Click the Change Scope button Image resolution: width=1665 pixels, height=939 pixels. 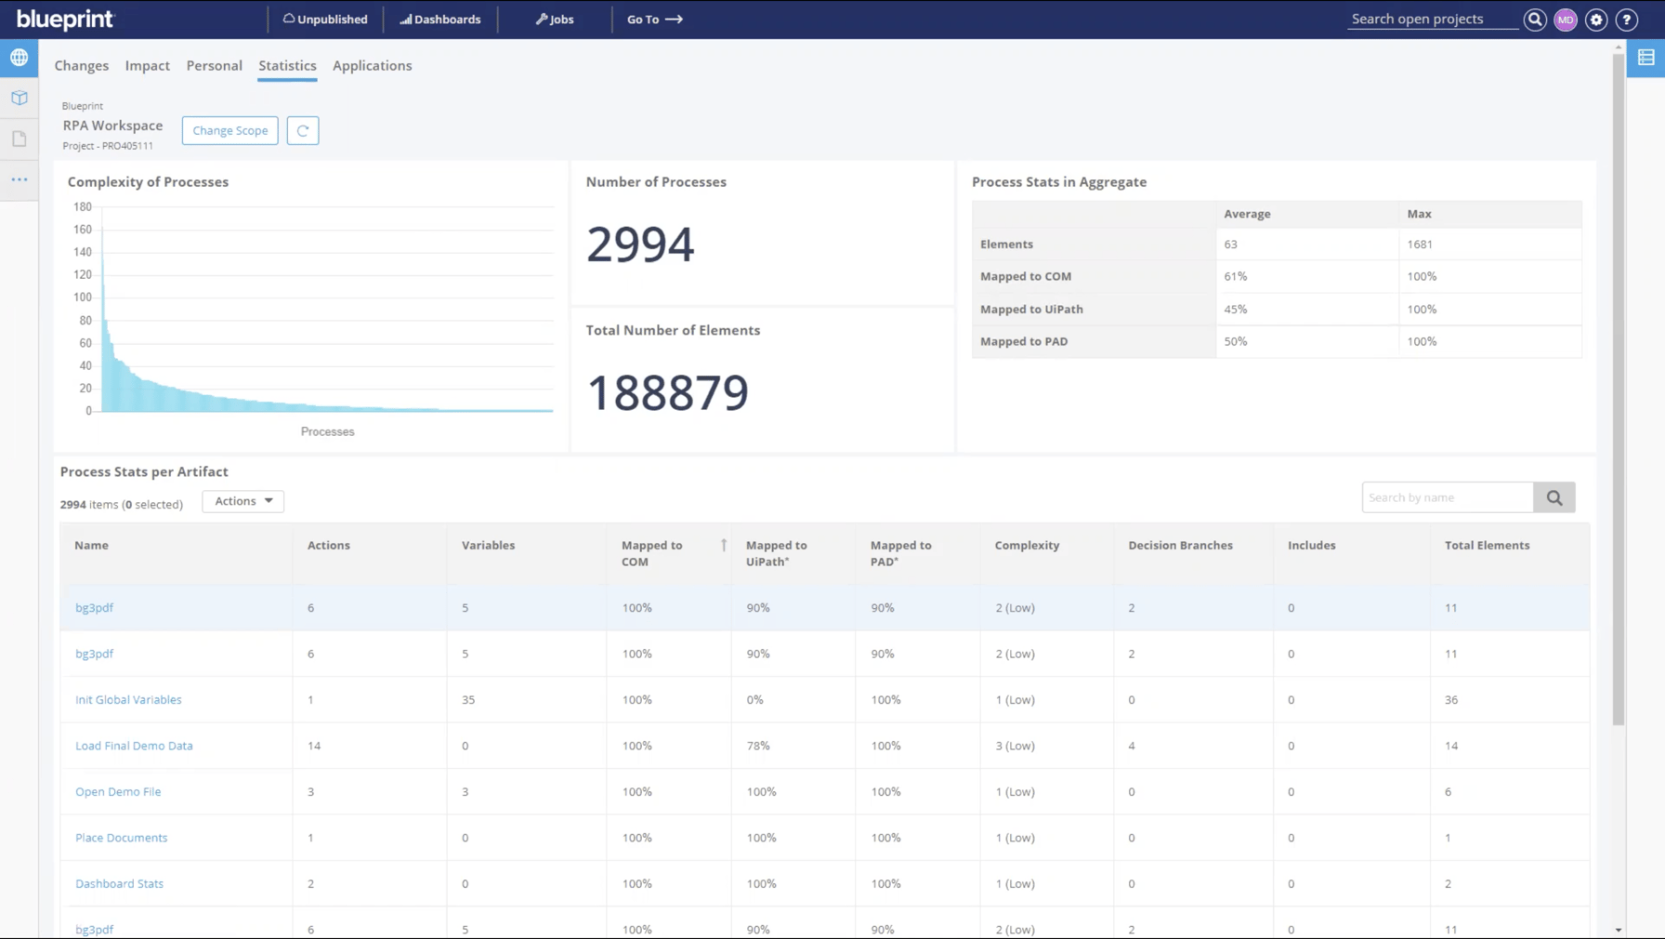click(229, 130)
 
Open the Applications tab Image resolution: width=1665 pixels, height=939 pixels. click(372, 65)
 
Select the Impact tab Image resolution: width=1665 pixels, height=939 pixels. click(147, 65)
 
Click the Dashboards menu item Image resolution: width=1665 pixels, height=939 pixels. click(440, 19)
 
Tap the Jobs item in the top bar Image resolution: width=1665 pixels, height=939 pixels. click(555, 19)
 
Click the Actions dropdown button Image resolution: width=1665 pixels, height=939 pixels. click(243, 501)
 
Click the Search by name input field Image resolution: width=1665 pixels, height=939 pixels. click(1447, 497)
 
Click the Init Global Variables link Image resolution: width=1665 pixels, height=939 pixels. click(128, 699)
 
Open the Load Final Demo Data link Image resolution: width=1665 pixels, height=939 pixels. click(134, 746)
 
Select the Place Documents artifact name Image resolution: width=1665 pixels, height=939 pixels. click(121, 838)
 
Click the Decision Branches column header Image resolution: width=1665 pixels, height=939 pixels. click(1180, 545)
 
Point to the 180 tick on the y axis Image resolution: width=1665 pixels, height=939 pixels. click(83, 206)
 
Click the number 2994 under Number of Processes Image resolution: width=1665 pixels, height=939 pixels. click(640, 244)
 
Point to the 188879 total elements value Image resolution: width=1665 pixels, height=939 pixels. click(667, 391)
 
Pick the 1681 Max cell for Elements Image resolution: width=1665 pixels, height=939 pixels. click(1419, 244)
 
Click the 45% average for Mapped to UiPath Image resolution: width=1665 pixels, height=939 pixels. click(1235, 309)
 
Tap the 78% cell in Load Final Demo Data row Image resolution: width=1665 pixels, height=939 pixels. click(758, 746)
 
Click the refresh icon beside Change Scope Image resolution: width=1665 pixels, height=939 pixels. click(303, 130)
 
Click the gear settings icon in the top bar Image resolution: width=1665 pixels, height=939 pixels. click(1596, 19)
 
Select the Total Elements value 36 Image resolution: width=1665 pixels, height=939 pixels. click(1450, 699)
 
